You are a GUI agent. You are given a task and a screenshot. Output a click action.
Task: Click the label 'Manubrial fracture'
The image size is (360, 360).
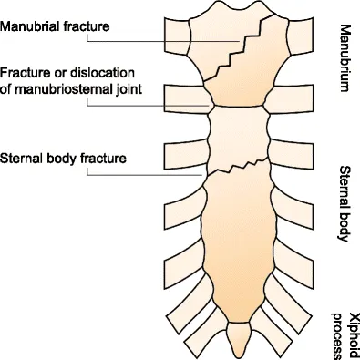[55, 26]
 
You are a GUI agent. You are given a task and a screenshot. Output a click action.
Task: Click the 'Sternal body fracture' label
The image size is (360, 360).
[63, 159]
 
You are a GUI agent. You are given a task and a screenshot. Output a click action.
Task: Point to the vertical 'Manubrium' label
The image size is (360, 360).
[345, 57]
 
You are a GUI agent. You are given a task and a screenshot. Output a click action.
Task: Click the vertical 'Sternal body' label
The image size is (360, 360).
[345, 203]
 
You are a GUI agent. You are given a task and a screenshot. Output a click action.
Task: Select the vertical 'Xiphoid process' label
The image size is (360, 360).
[345, 335]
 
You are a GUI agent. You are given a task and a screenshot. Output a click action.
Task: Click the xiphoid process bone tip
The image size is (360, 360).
[240, 356]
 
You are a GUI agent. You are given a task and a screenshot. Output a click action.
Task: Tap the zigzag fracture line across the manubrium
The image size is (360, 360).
[240, 47]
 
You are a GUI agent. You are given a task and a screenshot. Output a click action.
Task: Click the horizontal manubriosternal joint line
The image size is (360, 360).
[239, 106]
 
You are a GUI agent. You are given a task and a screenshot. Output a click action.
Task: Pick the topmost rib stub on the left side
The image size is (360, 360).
[177, 36]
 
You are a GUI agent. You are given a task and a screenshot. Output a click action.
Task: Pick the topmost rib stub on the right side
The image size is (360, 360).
[300, 36]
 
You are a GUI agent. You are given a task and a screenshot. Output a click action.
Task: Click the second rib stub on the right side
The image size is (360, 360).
[289, 98]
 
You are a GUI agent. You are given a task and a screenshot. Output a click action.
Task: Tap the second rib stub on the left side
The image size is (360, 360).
[188, 98]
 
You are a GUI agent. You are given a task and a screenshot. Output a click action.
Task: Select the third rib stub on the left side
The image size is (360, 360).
[186, 155]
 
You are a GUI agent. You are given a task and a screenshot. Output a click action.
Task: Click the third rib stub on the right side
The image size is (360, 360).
[291, 154]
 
